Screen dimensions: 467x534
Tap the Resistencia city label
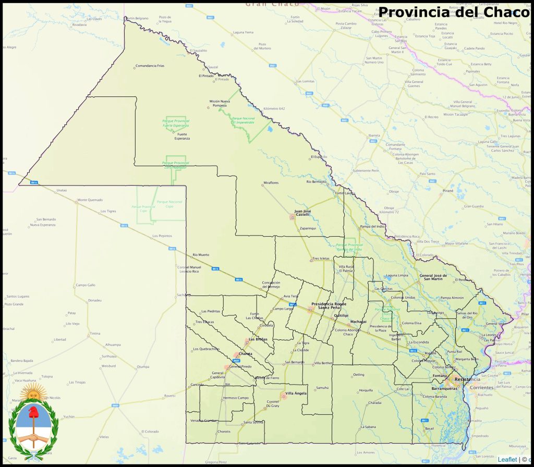(467, 379)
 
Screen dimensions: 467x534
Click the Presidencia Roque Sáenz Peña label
(329, 305)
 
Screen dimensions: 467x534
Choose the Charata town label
(245, 353)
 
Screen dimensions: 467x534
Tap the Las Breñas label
(258, 339)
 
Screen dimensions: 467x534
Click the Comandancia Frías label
(150, 66)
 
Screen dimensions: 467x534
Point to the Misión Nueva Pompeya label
(219, 103)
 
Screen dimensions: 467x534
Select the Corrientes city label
(481, 388)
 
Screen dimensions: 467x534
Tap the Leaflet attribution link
(507, 459)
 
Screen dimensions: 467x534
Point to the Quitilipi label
(341, 315)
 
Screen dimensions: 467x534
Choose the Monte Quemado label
(90, 200)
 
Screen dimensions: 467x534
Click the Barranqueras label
(444, 388)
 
